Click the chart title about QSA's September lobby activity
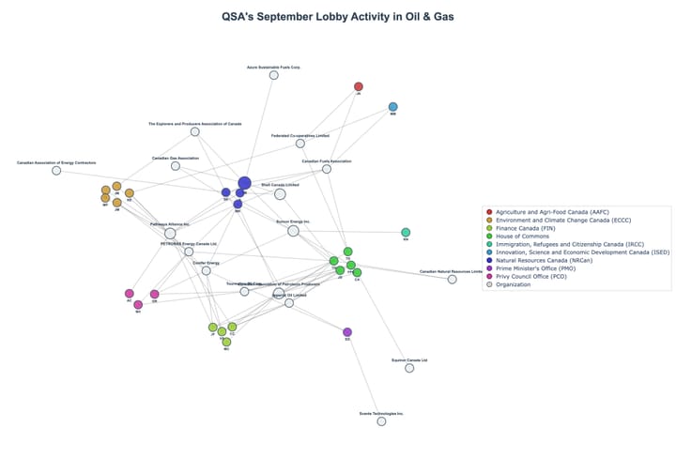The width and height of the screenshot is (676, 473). point(337,17)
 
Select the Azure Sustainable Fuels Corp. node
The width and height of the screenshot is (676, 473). point(274,75)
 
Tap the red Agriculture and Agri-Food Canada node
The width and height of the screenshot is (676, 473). point(358,86)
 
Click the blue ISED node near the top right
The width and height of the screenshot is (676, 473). point(392,107)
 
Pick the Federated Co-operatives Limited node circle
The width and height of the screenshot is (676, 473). point(300,144)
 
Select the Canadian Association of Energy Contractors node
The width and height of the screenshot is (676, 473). point(56,171)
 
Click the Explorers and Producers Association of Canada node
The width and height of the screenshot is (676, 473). point(195,131)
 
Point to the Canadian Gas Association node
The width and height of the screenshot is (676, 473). point(176,166)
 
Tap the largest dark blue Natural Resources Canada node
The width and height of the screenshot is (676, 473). point(244,183)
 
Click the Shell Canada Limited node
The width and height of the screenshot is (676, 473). point(280,194)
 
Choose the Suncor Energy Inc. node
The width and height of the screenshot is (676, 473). point(293,231)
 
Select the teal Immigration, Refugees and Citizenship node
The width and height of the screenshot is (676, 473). point(406,232)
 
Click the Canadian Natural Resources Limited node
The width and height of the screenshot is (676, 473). point(452,280)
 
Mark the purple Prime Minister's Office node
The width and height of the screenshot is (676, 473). point(347,332)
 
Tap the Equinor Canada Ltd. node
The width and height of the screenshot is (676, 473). point(409,368)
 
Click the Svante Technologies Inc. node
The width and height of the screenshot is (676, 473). point(381,421)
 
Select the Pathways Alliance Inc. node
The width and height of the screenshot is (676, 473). point(170,234)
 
